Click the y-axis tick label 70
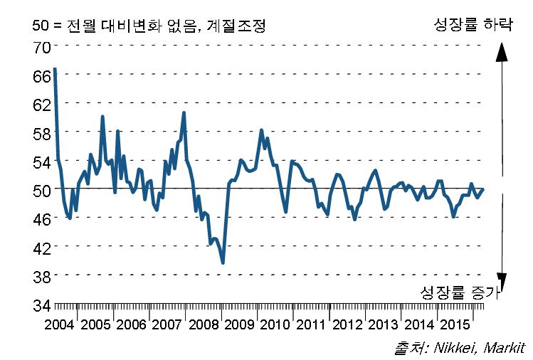point(41,47)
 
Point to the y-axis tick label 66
point(41,75)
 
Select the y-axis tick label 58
point(41,133)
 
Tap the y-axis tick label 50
point(41,190)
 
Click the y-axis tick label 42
point(41,248)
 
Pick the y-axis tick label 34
point(41,305)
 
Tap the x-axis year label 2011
point(311,325)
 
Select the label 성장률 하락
point(473,24)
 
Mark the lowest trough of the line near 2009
point(223,263)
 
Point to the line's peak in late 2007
point(184,112)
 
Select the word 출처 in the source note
point(403,348)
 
